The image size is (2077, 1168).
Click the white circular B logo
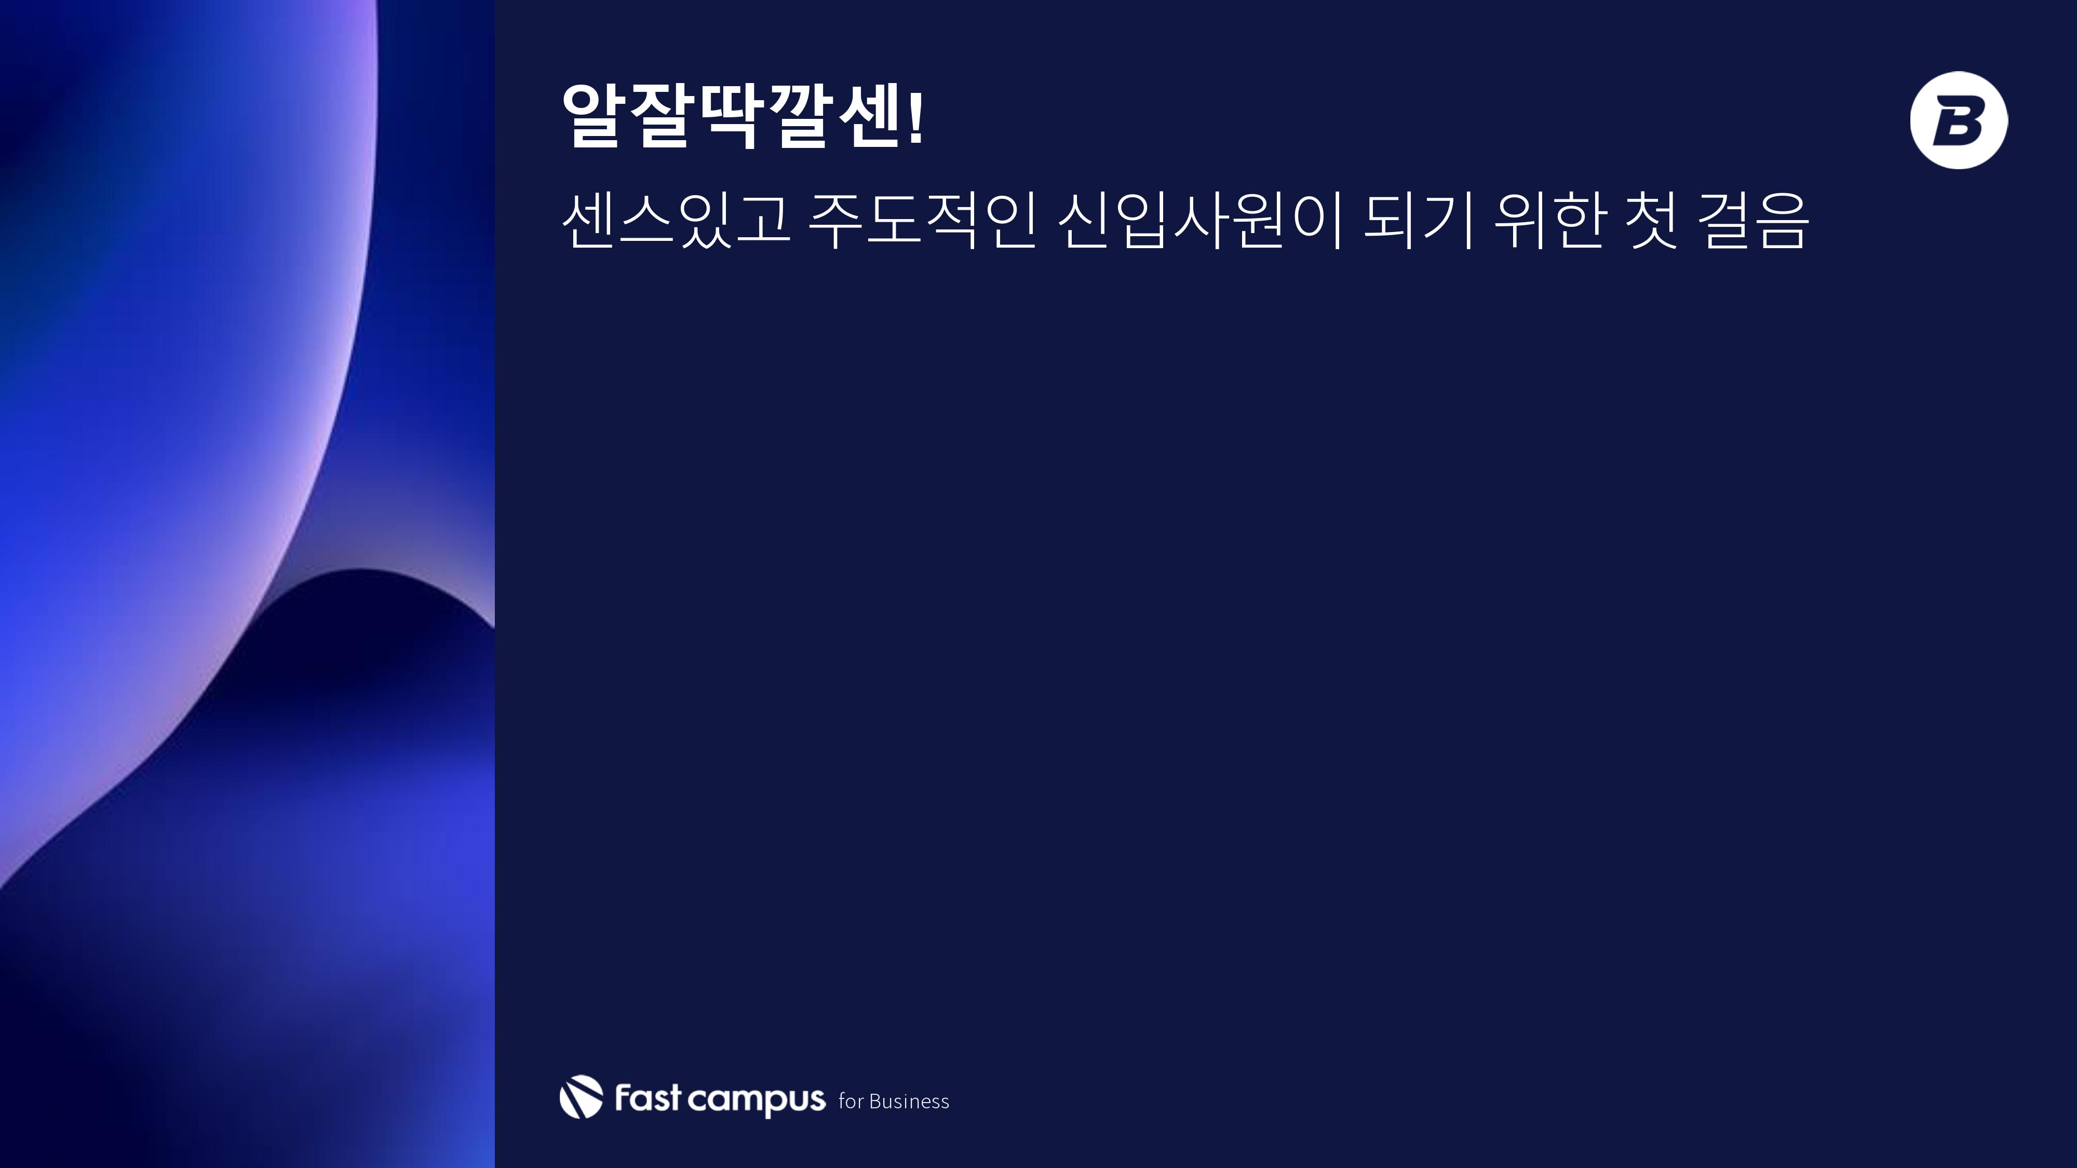1959,120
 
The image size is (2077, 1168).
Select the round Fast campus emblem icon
581,1097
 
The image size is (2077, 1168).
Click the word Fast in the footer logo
648,1098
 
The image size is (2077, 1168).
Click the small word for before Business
851,1101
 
